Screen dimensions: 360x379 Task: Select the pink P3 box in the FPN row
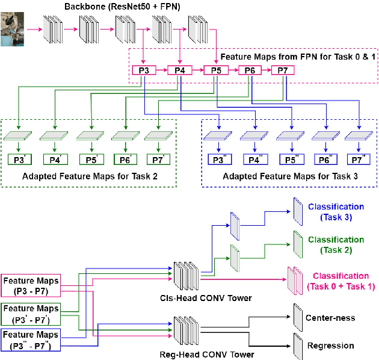(x=144, y=71)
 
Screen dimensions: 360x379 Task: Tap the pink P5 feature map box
(x=215, y=71)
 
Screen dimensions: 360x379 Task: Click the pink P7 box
(x=283, y=71)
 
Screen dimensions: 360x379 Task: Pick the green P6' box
(x=126, y=160)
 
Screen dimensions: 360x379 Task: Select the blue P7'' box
(x=358, y=160)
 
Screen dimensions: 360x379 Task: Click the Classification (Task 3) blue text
(x=336, y=212)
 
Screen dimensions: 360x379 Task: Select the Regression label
(x=330, y=346)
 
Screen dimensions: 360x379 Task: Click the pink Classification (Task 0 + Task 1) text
(x=341, y=281)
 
